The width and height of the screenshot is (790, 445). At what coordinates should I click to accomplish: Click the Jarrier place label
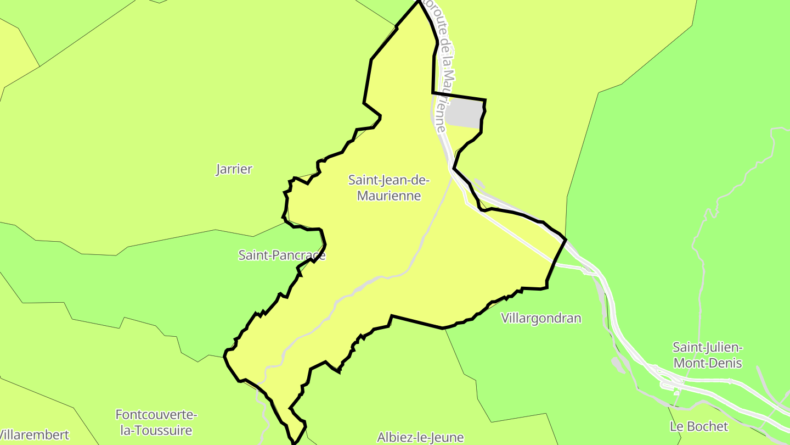coord(234,169)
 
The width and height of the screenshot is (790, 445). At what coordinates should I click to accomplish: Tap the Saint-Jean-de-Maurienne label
coord(389,187)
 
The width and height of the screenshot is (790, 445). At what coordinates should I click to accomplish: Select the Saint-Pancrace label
coord(281,255)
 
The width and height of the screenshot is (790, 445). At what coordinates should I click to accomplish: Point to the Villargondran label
coord(541,318)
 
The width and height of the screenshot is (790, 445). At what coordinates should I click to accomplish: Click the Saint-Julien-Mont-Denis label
coord(708,355)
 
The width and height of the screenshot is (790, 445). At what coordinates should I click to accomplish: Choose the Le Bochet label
coord(699,426)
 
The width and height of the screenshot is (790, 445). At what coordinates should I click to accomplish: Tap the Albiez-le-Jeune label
coord(420,437)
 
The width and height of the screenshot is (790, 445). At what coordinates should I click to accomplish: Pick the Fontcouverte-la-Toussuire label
coord(156,422)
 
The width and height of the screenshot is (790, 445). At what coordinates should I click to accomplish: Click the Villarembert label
coord(34,435)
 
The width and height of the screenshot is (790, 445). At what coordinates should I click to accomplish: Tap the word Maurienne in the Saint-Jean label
coord(389,196)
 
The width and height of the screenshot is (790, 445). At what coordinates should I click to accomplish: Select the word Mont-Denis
coord(708,363)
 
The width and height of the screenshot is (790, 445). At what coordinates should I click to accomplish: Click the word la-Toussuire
coord(156,430)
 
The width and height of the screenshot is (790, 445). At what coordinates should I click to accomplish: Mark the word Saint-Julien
coord(708,347)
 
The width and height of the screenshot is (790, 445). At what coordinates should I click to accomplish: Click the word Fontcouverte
coord(156,414)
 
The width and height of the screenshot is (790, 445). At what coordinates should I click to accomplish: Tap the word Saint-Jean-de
coord(389,180)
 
